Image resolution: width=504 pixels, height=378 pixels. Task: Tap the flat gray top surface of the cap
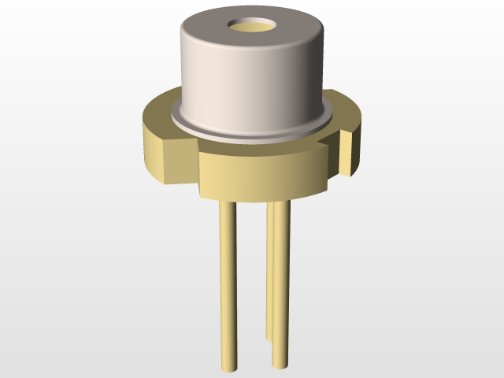(213, 31)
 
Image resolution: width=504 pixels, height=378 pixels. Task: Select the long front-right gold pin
(280, 283)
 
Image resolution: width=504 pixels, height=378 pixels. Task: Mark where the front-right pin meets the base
(280, 200)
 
